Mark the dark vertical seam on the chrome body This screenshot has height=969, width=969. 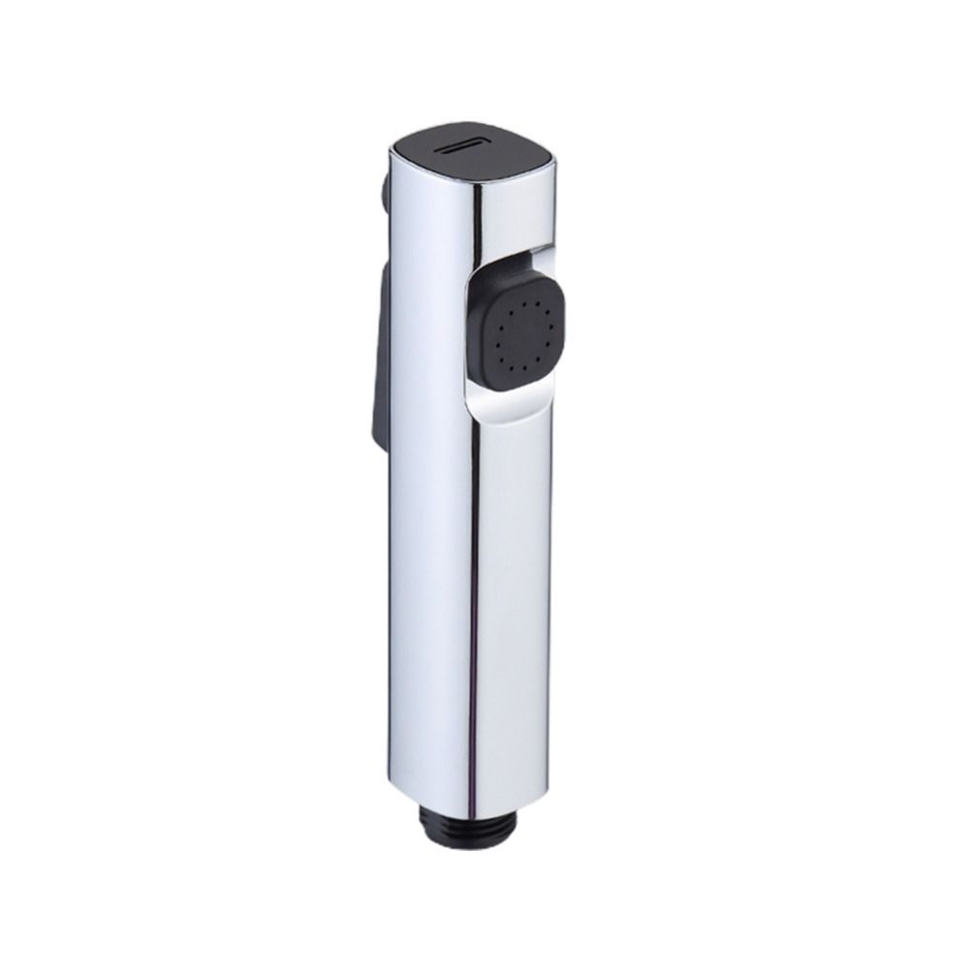pyautogui.click(x=478, y=581)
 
